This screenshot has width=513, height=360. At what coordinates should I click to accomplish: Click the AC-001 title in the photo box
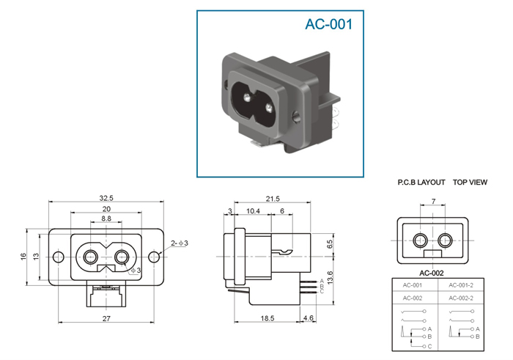329,24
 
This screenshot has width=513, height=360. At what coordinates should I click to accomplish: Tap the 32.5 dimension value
106,198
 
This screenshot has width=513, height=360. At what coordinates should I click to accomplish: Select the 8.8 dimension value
106,218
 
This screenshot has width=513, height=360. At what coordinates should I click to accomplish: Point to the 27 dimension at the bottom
106,318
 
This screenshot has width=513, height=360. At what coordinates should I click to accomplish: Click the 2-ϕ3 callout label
180,243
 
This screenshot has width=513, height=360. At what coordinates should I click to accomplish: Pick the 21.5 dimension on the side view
273,199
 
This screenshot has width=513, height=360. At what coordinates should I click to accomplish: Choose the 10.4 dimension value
253,211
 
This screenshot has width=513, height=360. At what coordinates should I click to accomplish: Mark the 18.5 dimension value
267,318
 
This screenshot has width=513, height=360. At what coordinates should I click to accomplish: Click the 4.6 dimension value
309,318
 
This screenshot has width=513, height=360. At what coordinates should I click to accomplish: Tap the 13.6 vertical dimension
330,277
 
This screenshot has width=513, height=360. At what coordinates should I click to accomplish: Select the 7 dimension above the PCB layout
434,202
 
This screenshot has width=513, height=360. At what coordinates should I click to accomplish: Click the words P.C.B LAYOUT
421,183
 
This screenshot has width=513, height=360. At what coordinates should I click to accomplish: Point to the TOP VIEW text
470,183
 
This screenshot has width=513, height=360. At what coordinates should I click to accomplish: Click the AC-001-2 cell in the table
461,285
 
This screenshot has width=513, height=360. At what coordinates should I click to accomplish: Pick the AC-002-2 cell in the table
461,298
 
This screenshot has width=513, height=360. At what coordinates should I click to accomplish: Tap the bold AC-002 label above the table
432,273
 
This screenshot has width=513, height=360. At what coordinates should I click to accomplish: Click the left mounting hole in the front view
58,257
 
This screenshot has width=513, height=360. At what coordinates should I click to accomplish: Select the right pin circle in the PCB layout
445,240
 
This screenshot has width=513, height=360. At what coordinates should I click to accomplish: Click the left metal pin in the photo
247,97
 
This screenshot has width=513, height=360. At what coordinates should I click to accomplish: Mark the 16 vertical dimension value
23,257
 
